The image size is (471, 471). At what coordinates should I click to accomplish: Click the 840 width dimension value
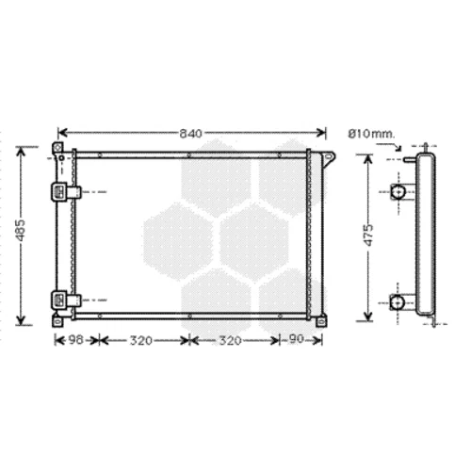coord(190,134)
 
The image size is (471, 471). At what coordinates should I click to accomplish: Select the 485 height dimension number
coord(21,231)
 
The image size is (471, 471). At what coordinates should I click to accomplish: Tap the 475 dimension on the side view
coord(368,235)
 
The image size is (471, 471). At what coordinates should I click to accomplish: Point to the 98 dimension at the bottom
coord(76,339)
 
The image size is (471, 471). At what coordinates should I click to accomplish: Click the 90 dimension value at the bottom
coord(296,339)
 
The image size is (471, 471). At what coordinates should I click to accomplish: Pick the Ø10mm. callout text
coord(370,134)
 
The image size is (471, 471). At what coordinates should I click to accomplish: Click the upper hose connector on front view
coord(66,192)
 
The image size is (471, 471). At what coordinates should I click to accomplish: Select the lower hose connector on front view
coord(66,300)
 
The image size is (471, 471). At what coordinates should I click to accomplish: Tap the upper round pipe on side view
coord(398,191)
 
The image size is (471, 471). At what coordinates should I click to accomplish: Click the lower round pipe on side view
coord(398,302)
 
